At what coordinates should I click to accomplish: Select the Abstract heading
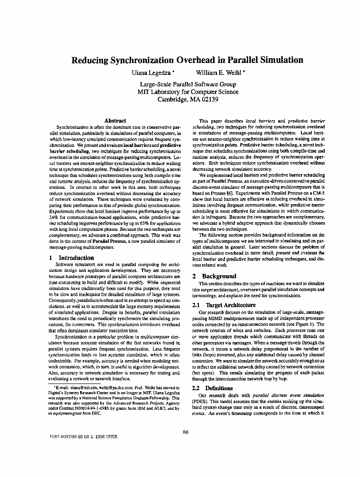point(115,121)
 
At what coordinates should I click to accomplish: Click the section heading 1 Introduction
point(72,258)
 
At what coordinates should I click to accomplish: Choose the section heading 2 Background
point(214,276)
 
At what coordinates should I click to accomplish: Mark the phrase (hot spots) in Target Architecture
point(202,375)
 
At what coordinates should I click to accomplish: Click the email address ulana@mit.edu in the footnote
point(79,390)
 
